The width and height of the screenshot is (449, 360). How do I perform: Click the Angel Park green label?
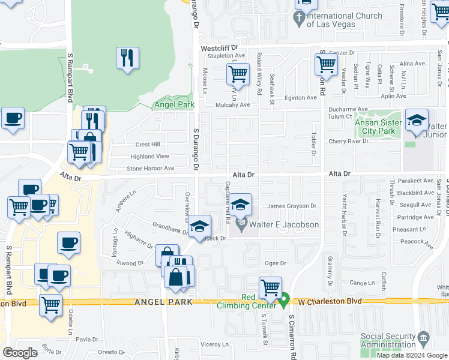[175, 104]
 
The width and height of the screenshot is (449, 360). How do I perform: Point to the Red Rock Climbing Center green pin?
[285, 298]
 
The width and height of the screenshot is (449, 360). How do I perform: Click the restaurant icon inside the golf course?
[127, 58]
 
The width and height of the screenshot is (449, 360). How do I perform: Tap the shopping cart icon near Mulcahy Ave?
[238, 75]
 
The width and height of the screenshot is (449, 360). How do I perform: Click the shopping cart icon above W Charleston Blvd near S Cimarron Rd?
[271, 287]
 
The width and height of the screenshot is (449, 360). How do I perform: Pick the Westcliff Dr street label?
[219, 47]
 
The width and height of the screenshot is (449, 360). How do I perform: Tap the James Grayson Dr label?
[292, 206]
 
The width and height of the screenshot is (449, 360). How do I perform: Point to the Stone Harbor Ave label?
[150, 169]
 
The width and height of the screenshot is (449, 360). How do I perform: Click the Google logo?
[20, 353]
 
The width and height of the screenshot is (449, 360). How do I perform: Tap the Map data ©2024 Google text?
[411, 355]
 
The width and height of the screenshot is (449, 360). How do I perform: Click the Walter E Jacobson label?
[285, 225]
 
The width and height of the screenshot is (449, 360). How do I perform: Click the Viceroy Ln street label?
[215, 344]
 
